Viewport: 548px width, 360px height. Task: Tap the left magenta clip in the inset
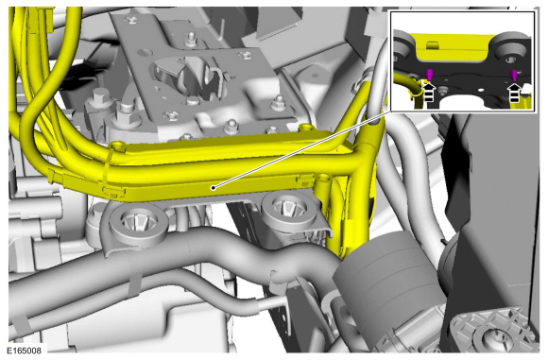pyautogui.click(x=429, y=74)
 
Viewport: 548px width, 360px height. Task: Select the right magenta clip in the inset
pyautogui.click(x=514, y=76)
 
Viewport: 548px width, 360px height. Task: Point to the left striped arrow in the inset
pyautogui.click(x=429, y=92)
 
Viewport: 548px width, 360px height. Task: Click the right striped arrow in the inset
pyautogui.click(x=514, y=93)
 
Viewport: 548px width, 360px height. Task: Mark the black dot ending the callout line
pyautogui.click(x=213, y=188)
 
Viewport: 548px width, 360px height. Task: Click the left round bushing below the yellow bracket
pyautogui.click(x=139, y=224)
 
